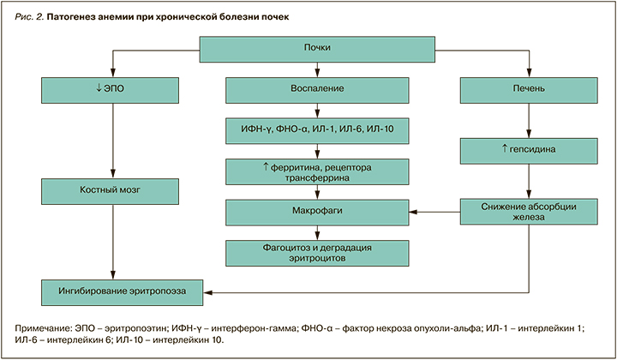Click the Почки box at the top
pos(317,49)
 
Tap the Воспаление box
pos(317,89)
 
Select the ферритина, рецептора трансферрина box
pos(317,170)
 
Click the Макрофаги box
pos(317,209)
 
